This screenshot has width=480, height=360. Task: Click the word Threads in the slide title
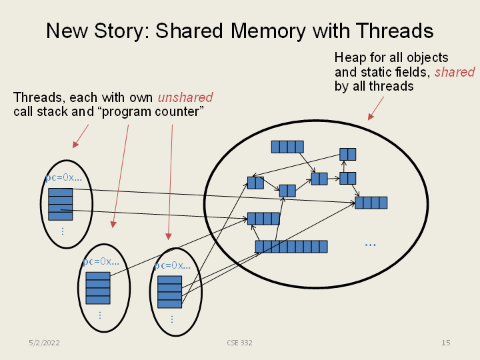[394, 31]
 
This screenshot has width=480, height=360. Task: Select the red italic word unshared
[185, 98]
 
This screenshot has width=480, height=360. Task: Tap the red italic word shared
[455, 72]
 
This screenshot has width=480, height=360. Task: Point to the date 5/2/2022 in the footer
[45, 343]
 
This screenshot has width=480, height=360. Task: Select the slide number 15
[445, 343]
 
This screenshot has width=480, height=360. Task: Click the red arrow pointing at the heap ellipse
[377, 108]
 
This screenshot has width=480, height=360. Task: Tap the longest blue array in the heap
[291, 247]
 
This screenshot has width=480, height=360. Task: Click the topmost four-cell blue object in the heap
[287, 147]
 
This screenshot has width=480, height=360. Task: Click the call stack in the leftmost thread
[61, 204]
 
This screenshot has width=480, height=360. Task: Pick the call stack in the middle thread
[98, 287]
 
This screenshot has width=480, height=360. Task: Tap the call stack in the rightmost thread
[169, 291]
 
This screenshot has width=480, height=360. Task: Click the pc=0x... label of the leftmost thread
[63, 178]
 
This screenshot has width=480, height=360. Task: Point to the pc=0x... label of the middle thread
[101, 261]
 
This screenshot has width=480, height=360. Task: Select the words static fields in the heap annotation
[393, 72]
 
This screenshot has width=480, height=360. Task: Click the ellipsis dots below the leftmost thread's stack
[62, 231]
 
